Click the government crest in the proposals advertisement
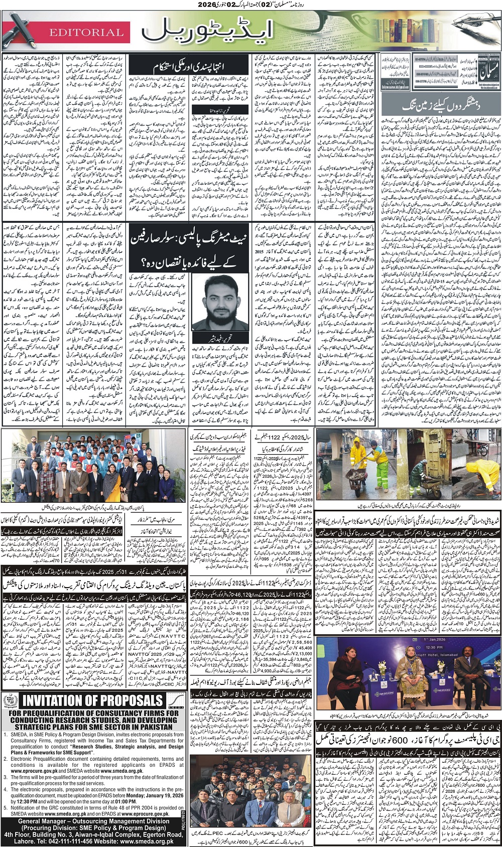click(x=10, y=699)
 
